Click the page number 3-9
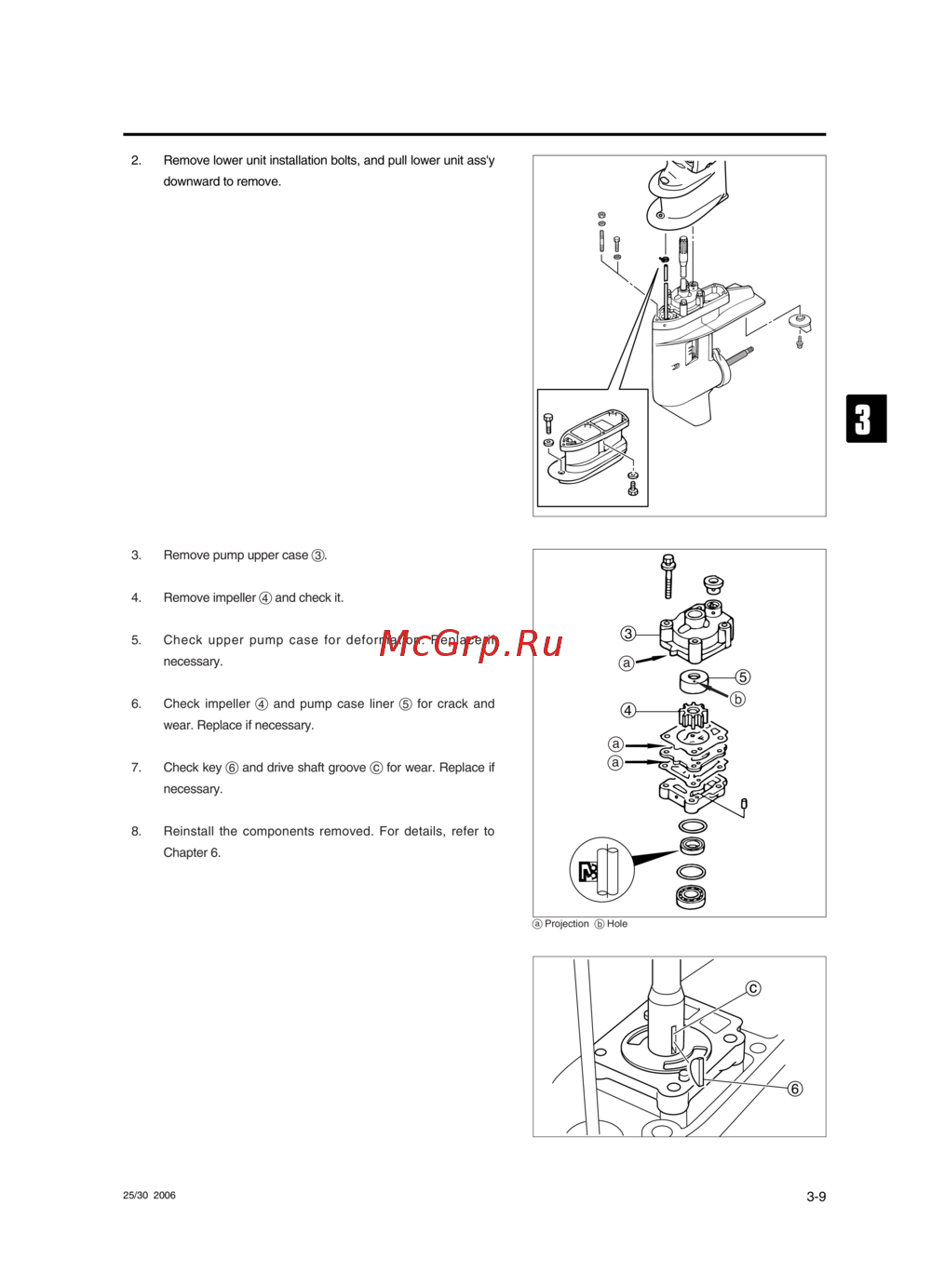(816, 1197)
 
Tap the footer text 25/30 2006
(149, 1196)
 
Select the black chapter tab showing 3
(865, 419)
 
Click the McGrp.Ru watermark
(471, 643)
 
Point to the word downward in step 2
(192, 181)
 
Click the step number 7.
(136, 768)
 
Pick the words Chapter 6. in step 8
(192, 852)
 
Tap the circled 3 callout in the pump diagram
(628, 634)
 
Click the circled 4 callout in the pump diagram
(628, 710)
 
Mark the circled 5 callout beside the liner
(743, 676)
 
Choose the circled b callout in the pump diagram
(738, 699)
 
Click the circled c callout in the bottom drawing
(753, 988)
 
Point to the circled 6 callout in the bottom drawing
(795, 1089)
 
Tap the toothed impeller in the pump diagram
(693, 716)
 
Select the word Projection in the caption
(566, 924)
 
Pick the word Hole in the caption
(617, 924)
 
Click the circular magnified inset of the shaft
(601, 869)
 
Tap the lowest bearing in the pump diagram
(691, 897)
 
